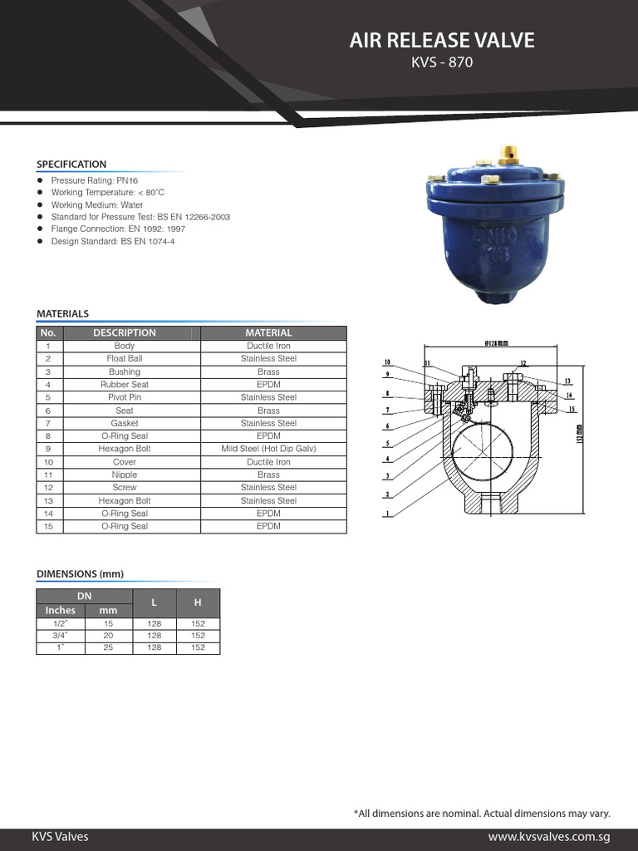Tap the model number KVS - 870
pyautogui.click(x=442, y=63)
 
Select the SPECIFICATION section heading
pyautogui.click(x=71, y=165)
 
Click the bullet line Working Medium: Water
pyautogui.click(x=96, y=204)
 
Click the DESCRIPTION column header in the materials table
pyautogui.click(x=125, y=332)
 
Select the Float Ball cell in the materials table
pyautogui.click(x=125, y=359)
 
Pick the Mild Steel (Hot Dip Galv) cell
pyautogui.click(x=268, y=449)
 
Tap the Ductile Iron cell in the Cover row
pyautogui.click(x=268, y=462)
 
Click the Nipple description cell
pyautogui.click(x=125, y=475)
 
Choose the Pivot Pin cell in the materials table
pyautogui.click(x=125, y=397)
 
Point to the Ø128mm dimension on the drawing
pyautogui.click(x=496, y=342)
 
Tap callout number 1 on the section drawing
pyautogui.click(x=387, y=514)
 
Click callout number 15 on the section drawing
pyautogui.click(x=571, y=409)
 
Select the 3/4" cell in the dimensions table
pyautogui.click(x=60, y=636)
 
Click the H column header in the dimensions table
pyautogui.click(x=198, y=602)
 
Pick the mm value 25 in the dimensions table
pyautogui.click(x=108, y=648)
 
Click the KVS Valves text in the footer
pyautogui.click(x=60, y=837)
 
